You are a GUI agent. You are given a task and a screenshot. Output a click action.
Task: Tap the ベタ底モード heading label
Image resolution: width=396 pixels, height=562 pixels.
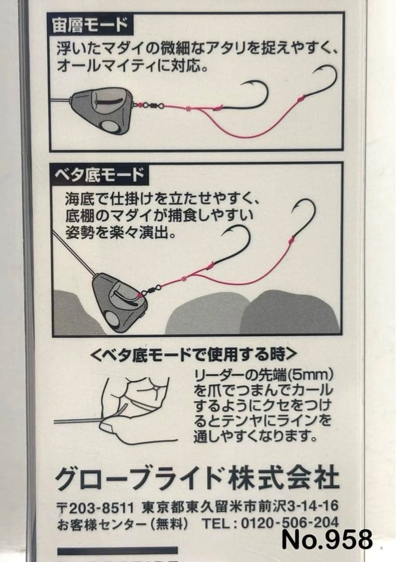(x=100, y=175)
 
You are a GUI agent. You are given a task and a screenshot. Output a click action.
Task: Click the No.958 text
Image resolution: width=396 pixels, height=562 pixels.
(x=327, y=539)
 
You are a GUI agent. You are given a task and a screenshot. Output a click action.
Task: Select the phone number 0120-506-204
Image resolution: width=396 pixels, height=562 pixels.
(x=289, y=523)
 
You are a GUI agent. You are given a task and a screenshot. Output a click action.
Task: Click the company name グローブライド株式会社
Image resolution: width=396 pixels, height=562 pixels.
(x=197, y=478)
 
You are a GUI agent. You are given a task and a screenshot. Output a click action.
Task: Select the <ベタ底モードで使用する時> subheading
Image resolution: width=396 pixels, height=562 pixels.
(x=194, y=355)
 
